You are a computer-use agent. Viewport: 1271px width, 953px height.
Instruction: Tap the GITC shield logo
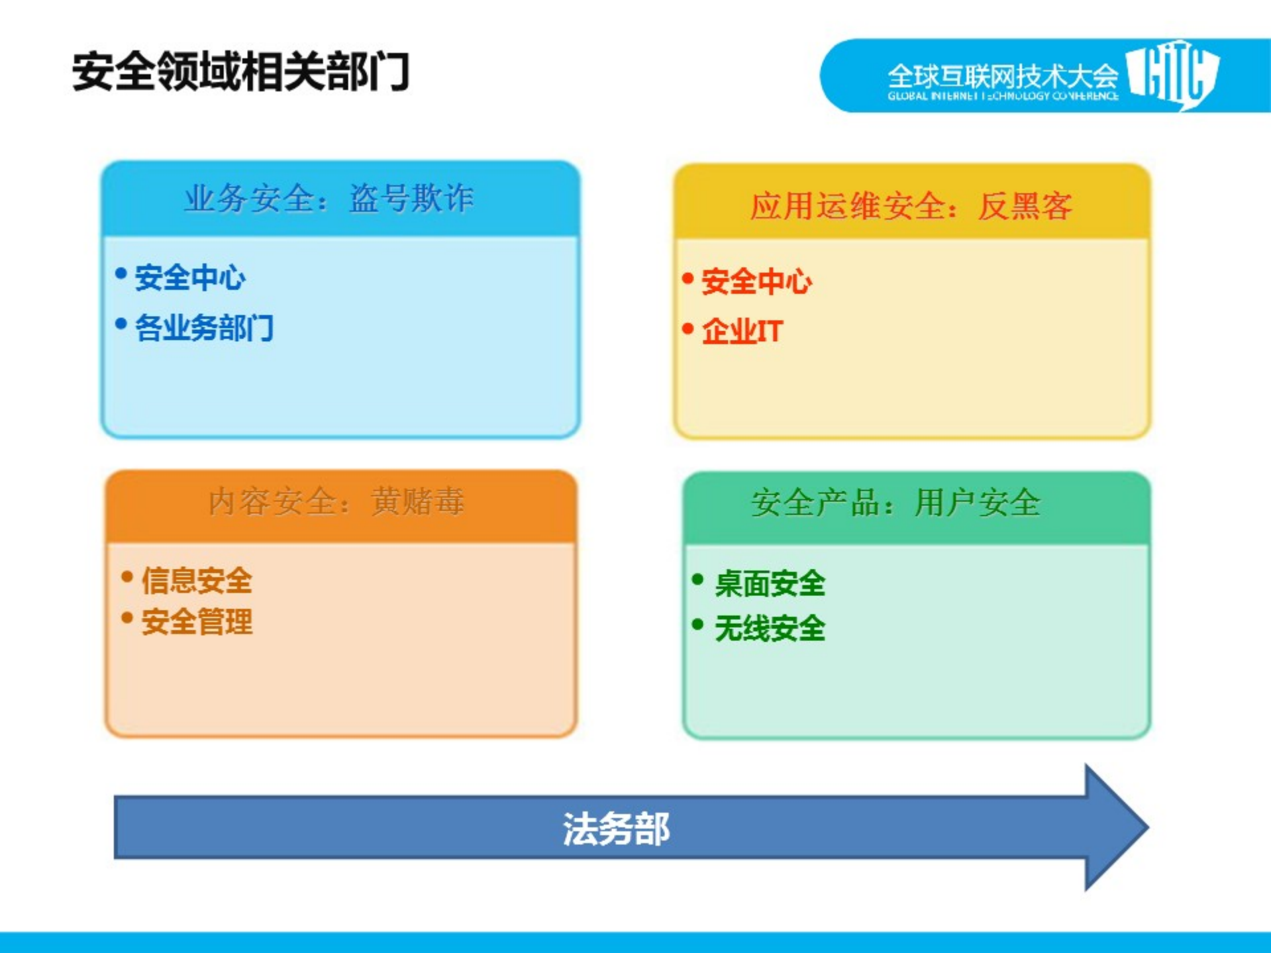click(x=1172, y=74)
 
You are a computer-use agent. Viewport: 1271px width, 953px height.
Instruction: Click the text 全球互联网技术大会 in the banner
click(x=1002, y=75)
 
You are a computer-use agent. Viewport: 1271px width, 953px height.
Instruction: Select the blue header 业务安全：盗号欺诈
click(x=329, y=198)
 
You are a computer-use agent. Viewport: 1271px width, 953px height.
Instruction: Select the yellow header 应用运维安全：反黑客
click(x=911, y=205)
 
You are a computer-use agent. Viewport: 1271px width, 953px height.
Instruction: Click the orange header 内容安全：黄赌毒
click(x=336, y=501)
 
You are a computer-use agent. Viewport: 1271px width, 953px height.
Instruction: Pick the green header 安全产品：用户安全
click(x=896, y=503)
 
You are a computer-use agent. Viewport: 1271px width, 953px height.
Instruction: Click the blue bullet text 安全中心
click(x=190, y=277)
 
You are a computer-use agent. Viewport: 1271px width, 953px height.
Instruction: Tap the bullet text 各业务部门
click(x=204, y=328)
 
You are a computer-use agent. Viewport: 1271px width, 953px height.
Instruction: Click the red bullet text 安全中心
click(x=756, y=281)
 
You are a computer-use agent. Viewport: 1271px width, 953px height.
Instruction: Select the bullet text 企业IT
click(x=742, y=330)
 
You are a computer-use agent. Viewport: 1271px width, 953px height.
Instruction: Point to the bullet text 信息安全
click(x=197, y=581)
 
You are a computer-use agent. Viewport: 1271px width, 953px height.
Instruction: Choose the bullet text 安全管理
click(x=197, y=622)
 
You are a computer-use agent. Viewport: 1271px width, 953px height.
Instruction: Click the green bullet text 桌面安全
click(x=770, y=584)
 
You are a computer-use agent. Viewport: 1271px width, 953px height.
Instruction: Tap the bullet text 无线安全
click(x=770, y=628)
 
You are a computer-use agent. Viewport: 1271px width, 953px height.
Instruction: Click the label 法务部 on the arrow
click(x=616, y=828)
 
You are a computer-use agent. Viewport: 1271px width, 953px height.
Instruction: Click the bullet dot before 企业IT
click(x=688, y=328)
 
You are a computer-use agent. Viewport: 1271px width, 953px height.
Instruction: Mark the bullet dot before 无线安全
click(x=697, y=624)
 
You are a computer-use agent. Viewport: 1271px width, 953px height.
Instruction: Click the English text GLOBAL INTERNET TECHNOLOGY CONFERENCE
click(x=1003, y=96)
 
